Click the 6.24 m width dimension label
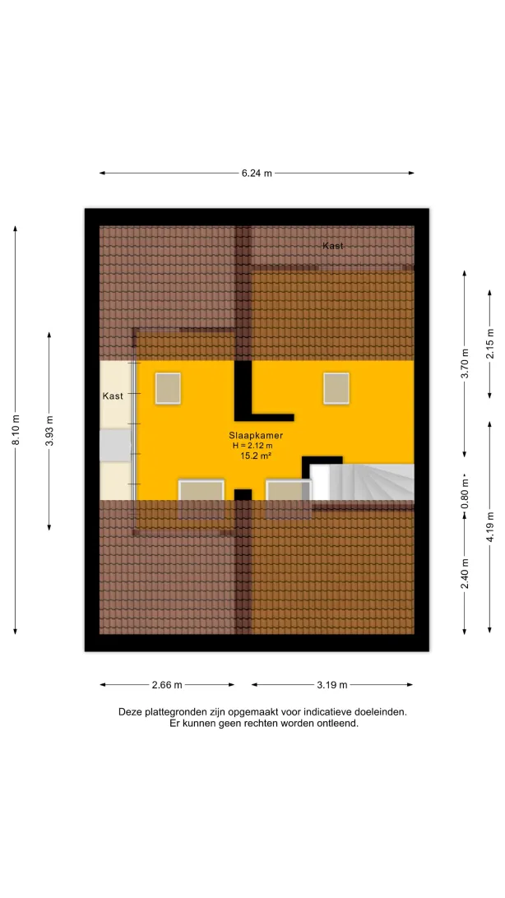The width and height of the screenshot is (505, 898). [257, 173]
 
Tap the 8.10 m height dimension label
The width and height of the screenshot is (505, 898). [16, 429]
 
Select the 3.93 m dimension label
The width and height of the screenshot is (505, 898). [49, 431]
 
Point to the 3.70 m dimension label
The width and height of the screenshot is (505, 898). [465, 363]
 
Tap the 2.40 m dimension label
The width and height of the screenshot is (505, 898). [465, 573]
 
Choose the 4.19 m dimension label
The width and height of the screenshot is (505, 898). [489, 526]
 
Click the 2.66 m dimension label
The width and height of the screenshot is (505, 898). [167, 684]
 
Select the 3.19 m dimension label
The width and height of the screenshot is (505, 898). [332, 684]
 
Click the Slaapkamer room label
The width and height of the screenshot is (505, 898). [256, 435]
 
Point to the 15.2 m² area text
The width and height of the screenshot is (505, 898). [256, 456]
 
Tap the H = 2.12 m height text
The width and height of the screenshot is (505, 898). [252, 446]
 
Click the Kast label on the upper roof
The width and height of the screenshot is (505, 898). [332, 246]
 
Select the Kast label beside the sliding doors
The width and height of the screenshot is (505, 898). [113, 396]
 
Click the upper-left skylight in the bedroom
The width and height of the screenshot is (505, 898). [168, 388]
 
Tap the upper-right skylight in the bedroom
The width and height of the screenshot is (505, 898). [336, 388]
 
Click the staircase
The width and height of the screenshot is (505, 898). [363, 482]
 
